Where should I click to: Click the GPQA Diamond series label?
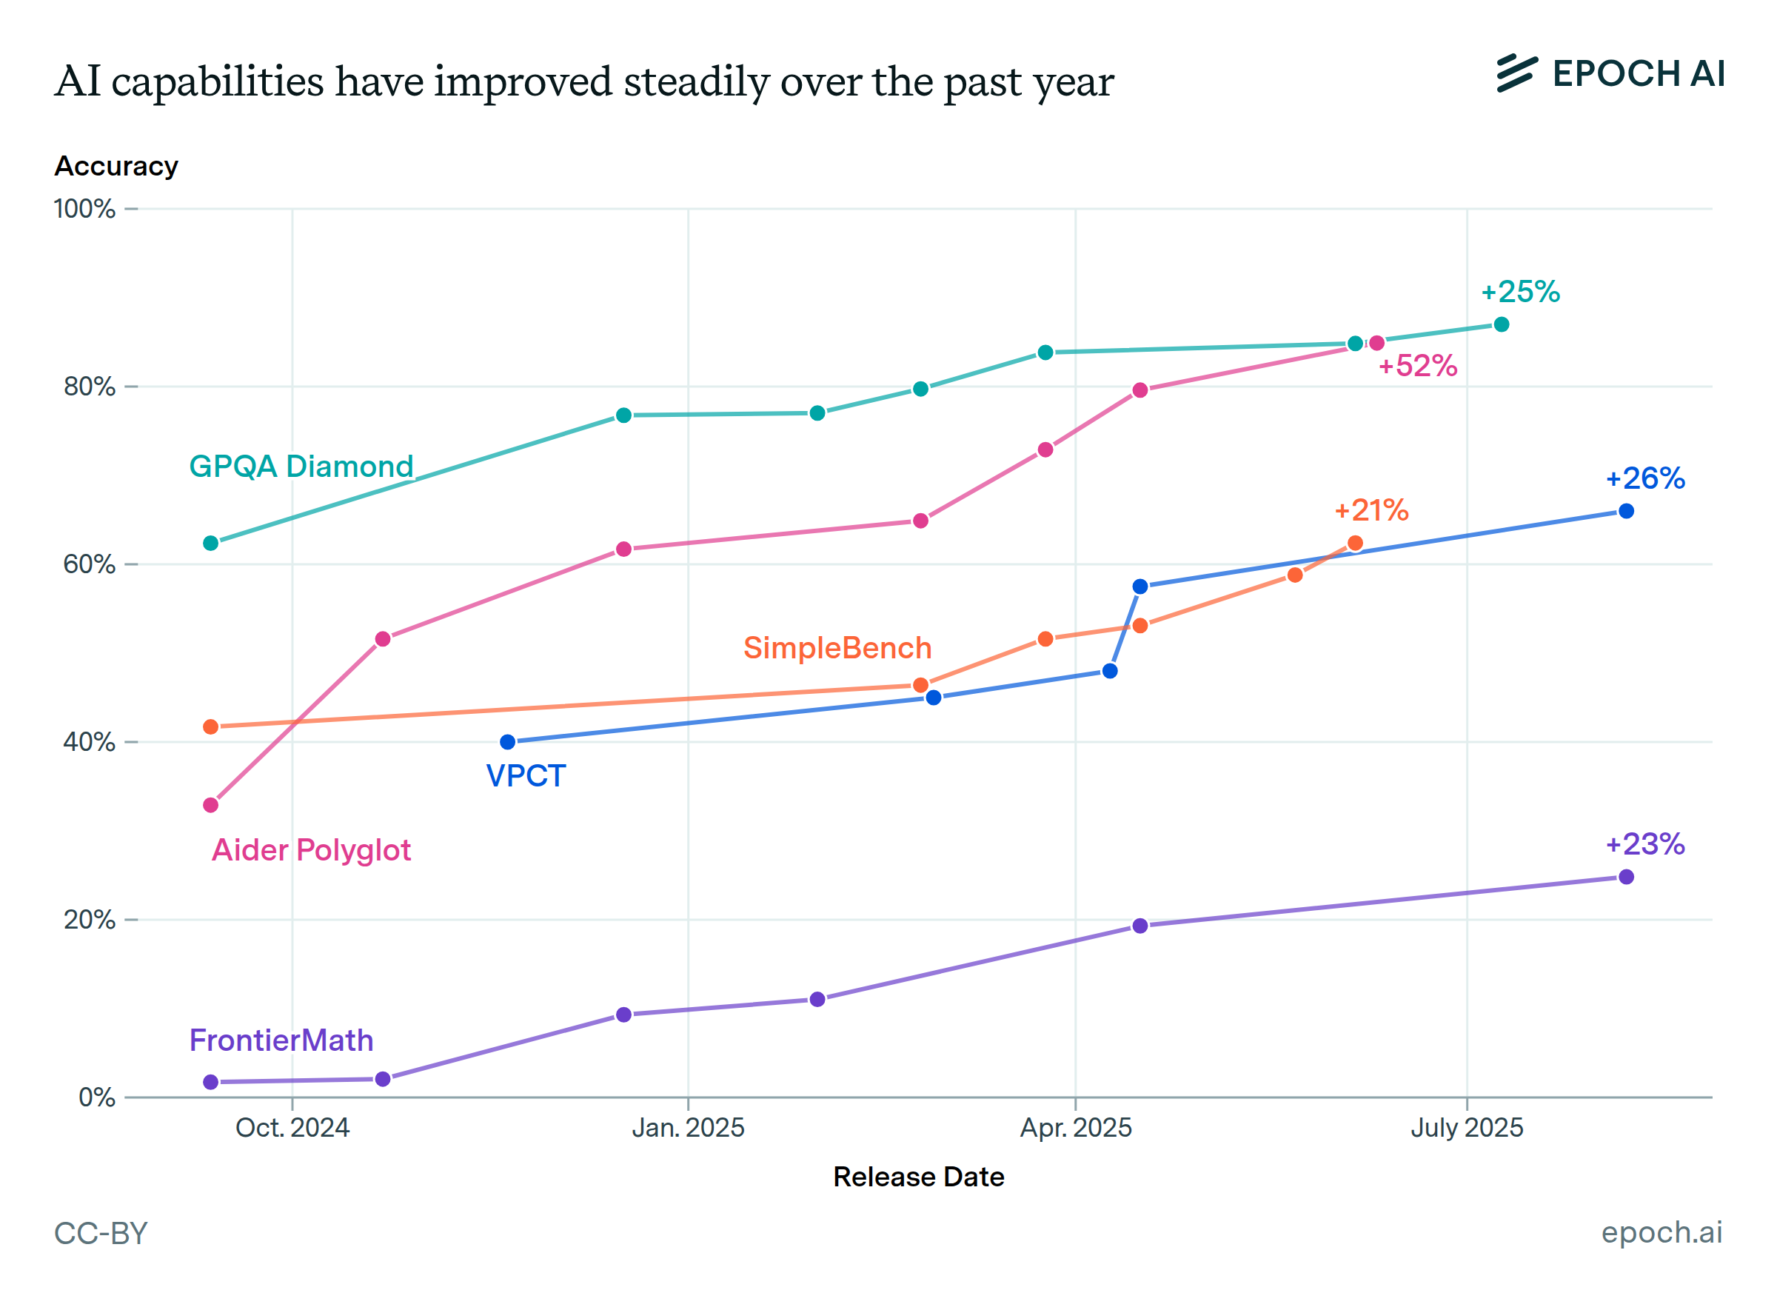pos(301,467)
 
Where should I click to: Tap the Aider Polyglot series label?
pos(311,850)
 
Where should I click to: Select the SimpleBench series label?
pos(837,648)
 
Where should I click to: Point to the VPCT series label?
pos(526,775)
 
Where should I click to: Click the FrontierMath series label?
pos(281,1040)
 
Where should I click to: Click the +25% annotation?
pos(1520,292)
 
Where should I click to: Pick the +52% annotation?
pos(1417,366)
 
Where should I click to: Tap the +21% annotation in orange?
pos(1371,510)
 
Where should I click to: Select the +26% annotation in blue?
pos(1644,478)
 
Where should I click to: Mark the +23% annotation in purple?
pos(1644,843)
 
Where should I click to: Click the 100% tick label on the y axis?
pos(84,210)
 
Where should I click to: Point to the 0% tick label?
pos(97,1097)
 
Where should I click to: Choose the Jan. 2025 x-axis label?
pos(688,1128)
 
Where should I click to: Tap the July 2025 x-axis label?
pos(1466,1128)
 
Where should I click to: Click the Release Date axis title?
pos(918,1177)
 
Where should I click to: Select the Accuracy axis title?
pos(116,167)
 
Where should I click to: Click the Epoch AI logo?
pos(1610,74)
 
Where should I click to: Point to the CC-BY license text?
pos(101,1234)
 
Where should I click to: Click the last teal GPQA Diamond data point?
pos(1501,324)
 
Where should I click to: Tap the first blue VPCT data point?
pos(507,742)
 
